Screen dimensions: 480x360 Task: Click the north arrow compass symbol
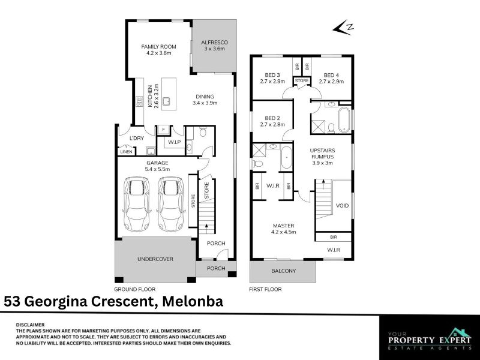[x=343, y=28]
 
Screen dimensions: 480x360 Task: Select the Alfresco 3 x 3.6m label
[x=214, y=46]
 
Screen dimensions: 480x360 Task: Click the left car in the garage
[x=137, y=204]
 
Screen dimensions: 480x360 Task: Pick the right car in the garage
[x=171, y=204]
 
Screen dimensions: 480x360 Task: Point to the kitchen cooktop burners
[x=139, y=101]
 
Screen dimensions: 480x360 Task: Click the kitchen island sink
[x=167, y=100]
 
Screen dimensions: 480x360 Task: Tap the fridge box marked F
[x=163, y=130]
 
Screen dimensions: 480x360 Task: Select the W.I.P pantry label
[x=175, y=142]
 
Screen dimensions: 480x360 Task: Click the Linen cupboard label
[x=126, y=152]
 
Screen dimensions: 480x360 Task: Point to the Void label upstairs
[x=342, y=205]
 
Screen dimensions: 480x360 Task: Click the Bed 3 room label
[x=272, y=78]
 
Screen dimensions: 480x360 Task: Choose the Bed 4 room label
[x=331, y=78]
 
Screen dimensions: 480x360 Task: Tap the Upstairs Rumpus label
[x=322, y=157]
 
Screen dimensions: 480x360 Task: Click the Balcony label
[x=283, y=271]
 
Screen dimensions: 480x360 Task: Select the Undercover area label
[x=155, y=259]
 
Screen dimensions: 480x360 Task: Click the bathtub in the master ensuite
[x=287, y=157]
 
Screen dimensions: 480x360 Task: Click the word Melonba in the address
[x=193, y=301]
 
